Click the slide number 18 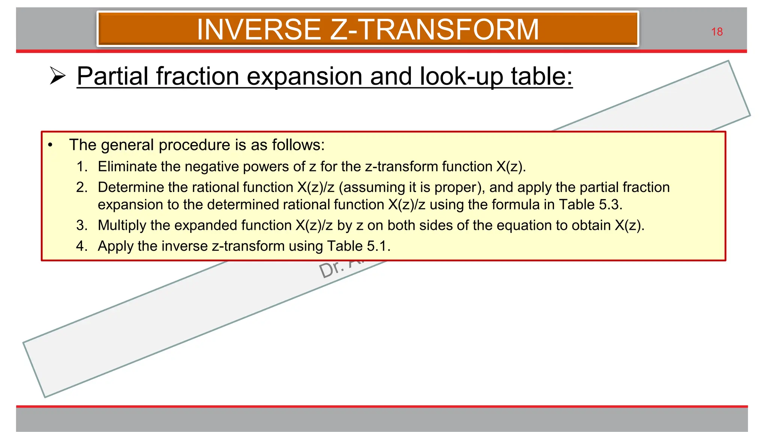point(716,32)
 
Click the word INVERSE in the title point(258,30)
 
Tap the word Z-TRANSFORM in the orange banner point(434,30)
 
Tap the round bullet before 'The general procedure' point(50,145)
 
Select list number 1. point(82,166)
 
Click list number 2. point(82,187)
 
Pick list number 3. point(82,225)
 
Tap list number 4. point(82,246)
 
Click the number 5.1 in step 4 point(378,246)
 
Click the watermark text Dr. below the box point(331,269)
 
